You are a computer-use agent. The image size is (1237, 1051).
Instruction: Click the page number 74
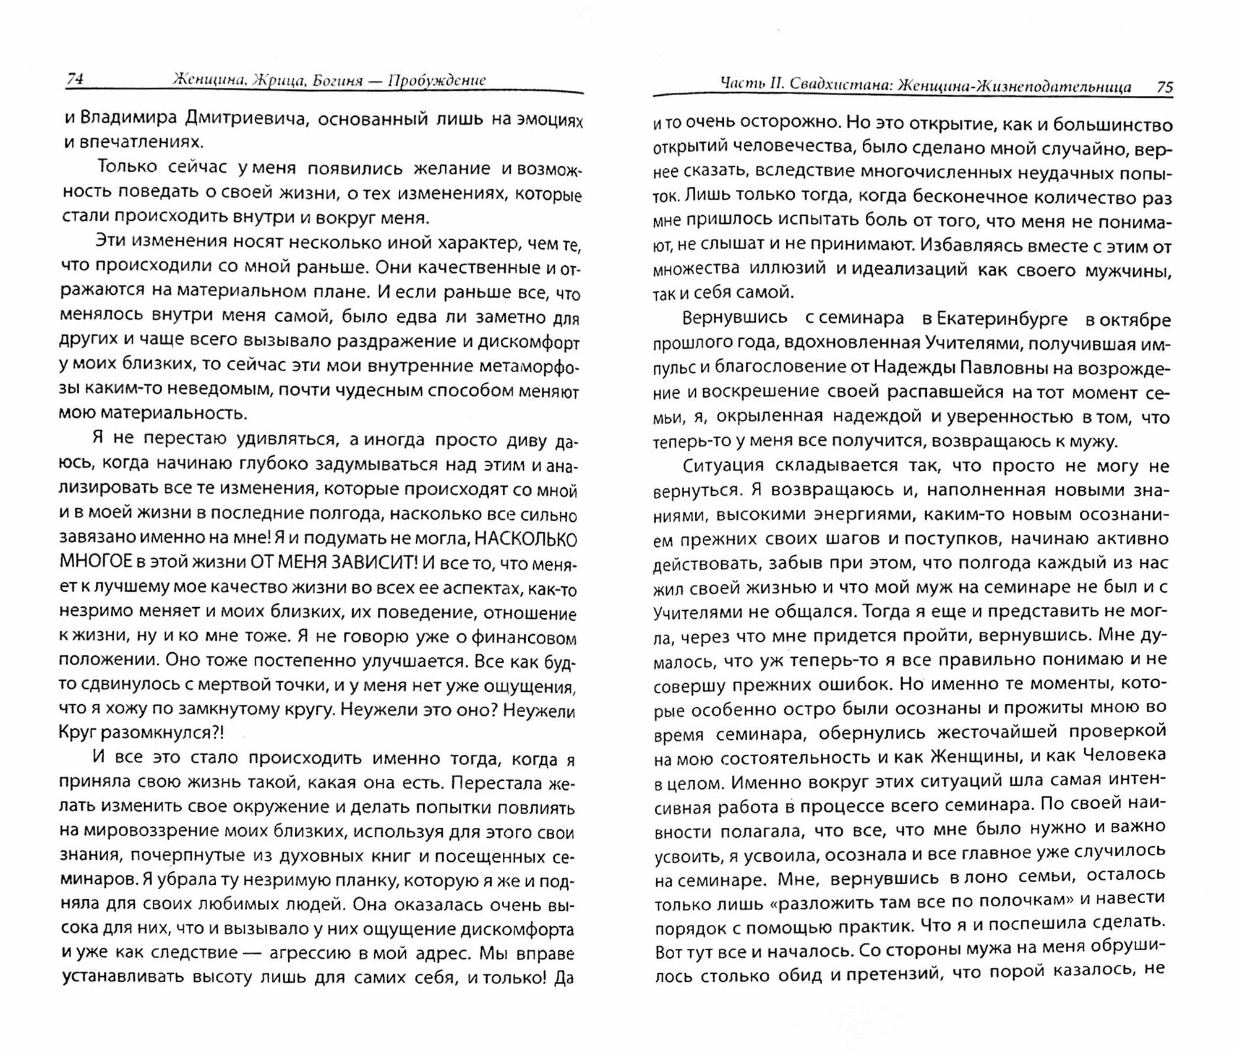coord(75,79)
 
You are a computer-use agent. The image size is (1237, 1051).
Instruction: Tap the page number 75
coord(1164,87)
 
